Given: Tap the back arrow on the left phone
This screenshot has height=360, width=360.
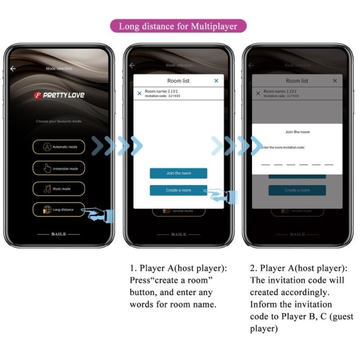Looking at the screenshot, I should coord(13,68).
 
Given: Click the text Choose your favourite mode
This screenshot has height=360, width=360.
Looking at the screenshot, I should coord(59,121).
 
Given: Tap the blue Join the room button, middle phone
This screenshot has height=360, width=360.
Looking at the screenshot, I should coord(178,173).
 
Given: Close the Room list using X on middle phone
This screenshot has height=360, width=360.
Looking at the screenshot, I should coord(216,80).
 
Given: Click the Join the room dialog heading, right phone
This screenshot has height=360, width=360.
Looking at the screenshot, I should coord(297,132).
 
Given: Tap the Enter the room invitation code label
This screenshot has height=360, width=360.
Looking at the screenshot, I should coord(283,147).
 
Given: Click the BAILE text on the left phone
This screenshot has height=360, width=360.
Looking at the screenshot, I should coord(59,234).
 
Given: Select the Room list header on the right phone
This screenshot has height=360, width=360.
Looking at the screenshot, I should coord(297,80).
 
